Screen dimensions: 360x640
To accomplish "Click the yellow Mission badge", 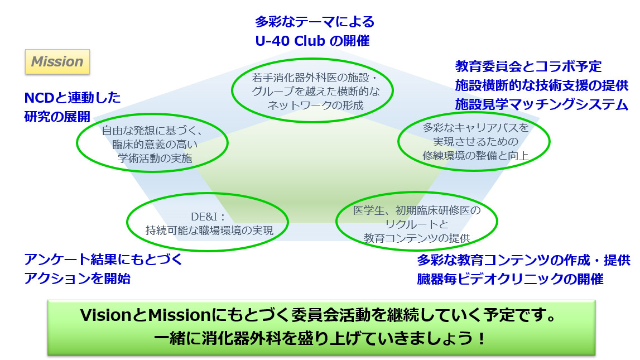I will click(x=57, y=62).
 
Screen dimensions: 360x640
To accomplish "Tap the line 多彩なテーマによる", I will click(x=314, y=22).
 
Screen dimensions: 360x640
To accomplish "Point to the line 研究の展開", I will click(x=57, y=117).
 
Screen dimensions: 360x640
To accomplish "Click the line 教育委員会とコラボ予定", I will click(x=528, y=66).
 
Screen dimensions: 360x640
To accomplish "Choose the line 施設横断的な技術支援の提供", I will click(x=541, y=86).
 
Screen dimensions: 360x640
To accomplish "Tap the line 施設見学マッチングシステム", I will click(x=541, y=104).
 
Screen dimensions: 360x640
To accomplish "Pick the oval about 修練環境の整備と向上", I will click(x=474, y=142).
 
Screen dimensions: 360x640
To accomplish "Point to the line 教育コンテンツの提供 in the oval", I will click(x=417, y=237).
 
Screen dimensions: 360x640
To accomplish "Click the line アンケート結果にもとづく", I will click(x=103, y=260).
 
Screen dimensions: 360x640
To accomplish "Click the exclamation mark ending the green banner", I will click(x=482, y=339).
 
